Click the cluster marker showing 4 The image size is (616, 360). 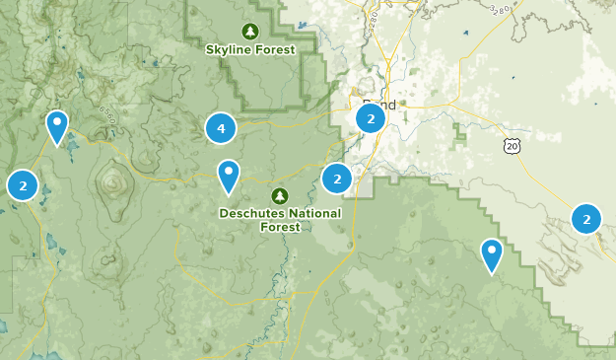point(221,128)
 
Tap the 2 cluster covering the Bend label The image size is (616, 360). point(370,119)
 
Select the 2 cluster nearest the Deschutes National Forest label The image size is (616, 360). point(337,179)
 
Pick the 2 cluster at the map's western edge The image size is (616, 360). point(22,184)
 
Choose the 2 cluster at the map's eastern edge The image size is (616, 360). point(586,219)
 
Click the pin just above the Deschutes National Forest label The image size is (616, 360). point(229,175)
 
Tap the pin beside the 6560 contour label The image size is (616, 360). point(58,125)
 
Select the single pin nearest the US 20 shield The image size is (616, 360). point(492,253)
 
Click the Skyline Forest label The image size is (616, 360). point(250,49)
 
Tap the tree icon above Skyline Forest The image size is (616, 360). point(250,31)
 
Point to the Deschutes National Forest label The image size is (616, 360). point(280,219)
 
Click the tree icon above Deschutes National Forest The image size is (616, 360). point(280,195)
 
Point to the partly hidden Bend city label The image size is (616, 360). point(378,104)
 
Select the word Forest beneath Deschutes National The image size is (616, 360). point(280,226)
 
